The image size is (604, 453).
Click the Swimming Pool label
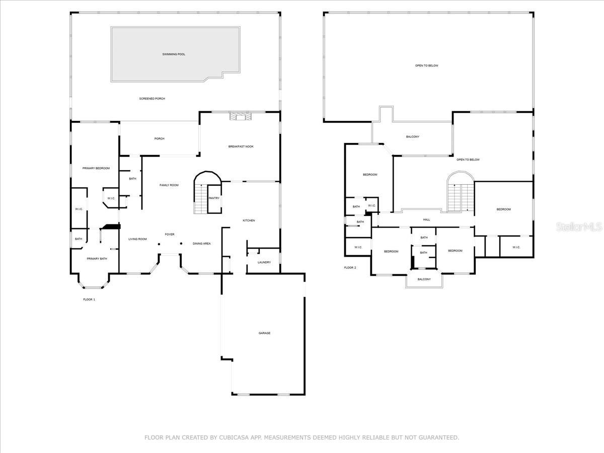coord(174,54)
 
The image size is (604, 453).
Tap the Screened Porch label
coord(152,99)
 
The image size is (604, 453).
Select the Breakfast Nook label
coord(241,146)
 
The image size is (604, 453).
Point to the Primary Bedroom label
coord(96,168)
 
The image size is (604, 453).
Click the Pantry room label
coord(214,198)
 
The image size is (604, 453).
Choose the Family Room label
coord(169,185)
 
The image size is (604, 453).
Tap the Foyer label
coord(170,235)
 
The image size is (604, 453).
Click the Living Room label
coord(137,239)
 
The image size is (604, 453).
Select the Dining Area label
coord(202,244)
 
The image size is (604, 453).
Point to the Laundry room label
coord(264,262)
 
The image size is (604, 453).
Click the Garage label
coord(264,333)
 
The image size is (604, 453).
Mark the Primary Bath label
coord(97,259)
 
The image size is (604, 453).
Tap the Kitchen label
coord(249,220)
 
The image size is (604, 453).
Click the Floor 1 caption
coord(89,299)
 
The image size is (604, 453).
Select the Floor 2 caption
coord(350,268)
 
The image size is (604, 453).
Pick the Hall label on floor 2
coord(426,220)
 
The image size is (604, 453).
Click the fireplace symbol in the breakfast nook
coord(241,117)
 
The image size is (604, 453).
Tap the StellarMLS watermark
coord(579,227)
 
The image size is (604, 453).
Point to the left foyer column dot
coord(159,244)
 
